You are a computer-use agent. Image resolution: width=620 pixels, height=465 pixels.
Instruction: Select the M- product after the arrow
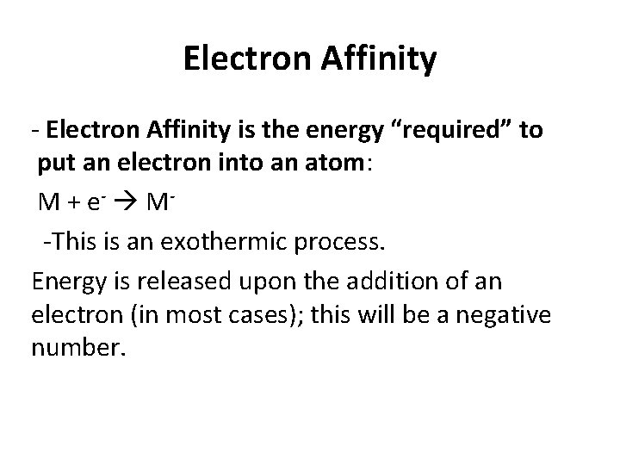tap(157, 203)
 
